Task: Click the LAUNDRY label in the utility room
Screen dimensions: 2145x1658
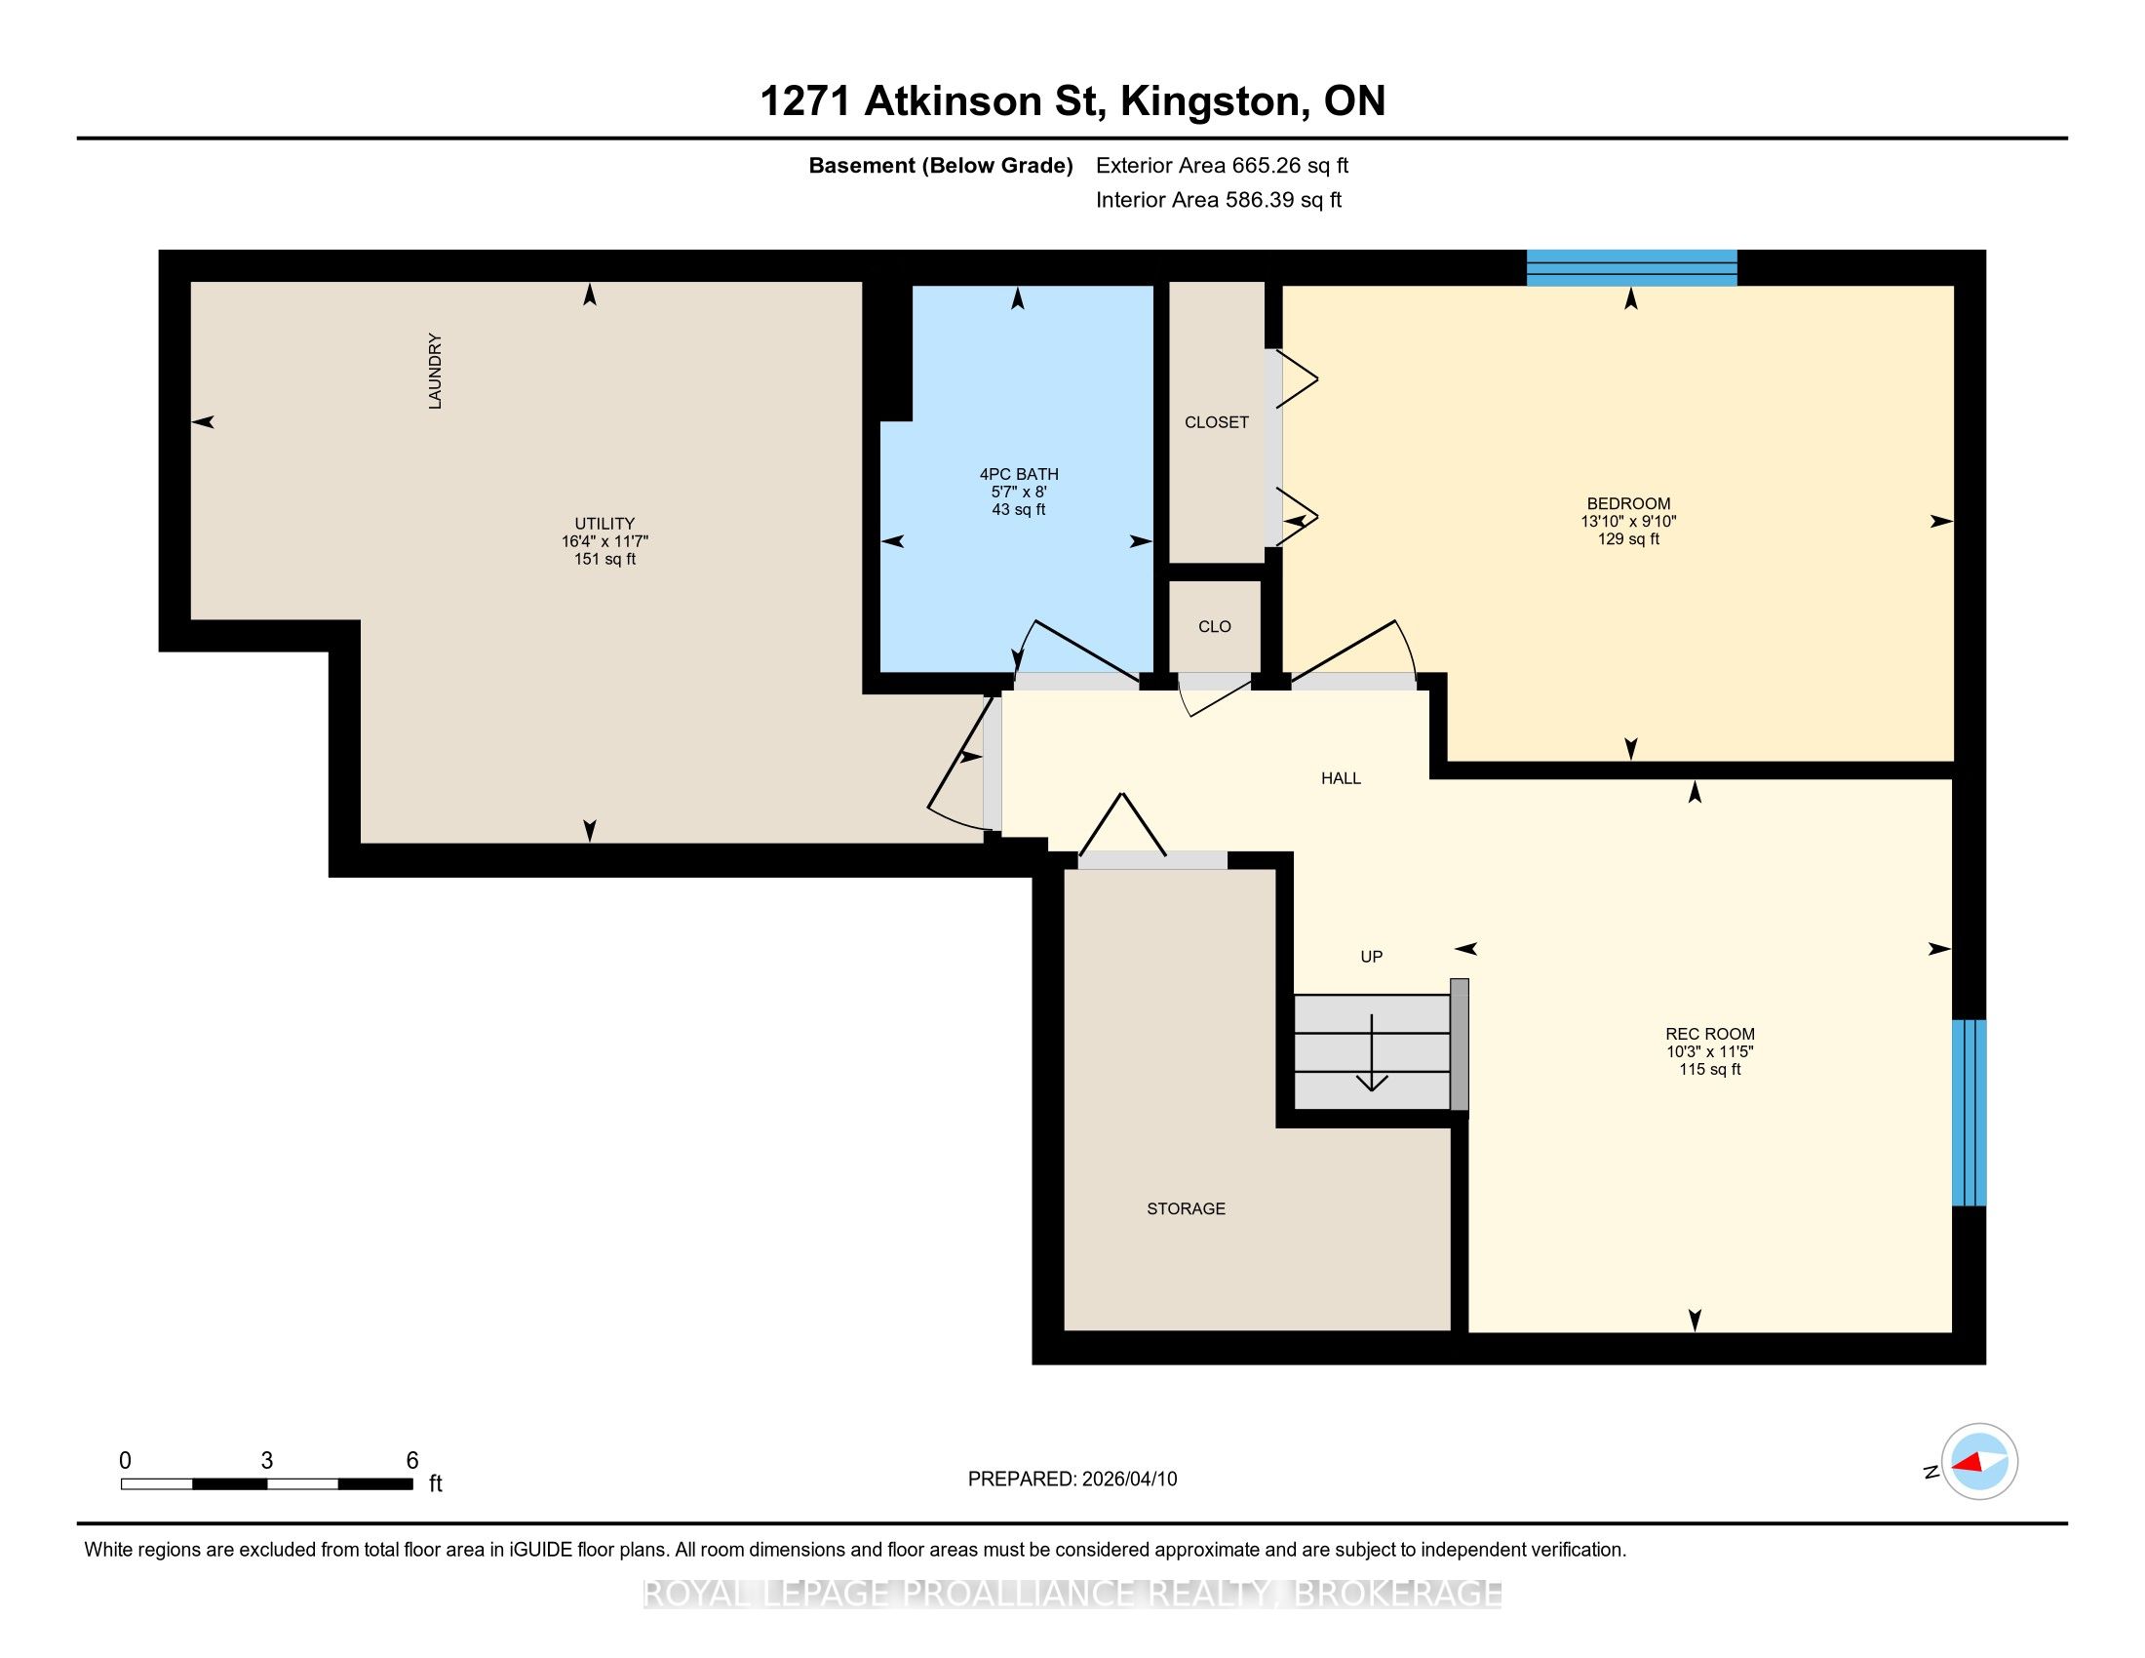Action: click(435, 372)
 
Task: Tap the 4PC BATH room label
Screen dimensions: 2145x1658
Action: click(1019, 473)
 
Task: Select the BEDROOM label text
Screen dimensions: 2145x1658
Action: click(1628, 504)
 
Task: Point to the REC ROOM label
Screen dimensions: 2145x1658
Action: click(1710, 1033)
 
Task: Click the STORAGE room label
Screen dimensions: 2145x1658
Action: click(1187, 1208)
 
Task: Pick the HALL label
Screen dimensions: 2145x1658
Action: click(1341, 778)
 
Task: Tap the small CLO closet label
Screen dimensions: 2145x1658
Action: click(1215, 627)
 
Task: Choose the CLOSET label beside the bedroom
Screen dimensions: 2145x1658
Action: click(1217, 422)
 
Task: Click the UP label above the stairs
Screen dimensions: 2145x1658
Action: click(1371, 956)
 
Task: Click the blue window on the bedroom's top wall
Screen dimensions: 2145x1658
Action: click(1631, 267)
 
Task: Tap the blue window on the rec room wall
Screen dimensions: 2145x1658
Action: click(1969, 1112)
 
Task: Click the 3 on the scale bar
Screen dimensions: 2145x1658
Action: click(266, 1461)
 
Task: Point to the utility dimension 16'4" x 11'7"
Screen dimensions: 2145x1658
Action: click(605, 541)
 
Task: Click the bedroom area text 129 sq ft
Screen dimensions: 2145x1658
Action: click(1628, 539)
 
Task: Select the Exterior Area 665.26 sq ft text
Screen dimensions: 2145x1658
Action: click(1222, 166)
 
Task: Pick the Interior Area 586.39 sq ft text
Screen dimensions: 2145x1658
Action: click(1219, 200)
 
